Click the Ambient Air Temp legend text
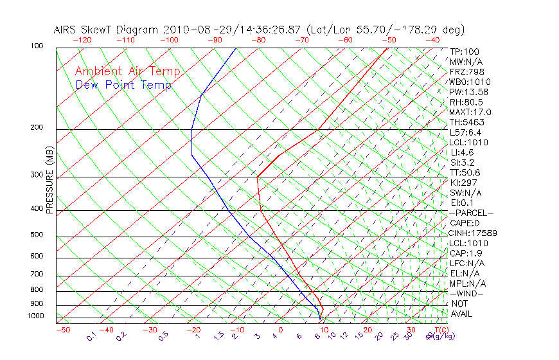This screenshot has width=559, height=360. coord(127,71)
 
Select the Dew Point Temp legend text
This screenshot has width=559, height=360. coord(123,85)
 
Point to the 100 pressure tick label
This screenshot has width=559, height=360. coord(37,46)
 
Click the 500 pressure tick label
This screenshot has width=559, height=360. coord(37,235)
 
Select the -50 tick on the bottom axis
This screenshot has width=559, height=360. coord(62,330)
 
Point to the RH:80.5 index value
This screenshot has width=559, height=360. coord(466,102)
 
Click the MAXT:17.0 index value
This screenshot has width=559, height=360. coord(470,113)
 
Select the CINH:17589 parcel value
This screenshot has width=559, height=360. coord(474,233)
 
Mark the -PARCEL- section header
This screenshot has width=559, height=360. coord(471,213)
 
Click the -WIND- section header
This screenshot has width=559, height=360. coord(467,293)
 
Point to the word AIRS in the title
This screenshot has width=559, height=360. coord(66,30)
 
